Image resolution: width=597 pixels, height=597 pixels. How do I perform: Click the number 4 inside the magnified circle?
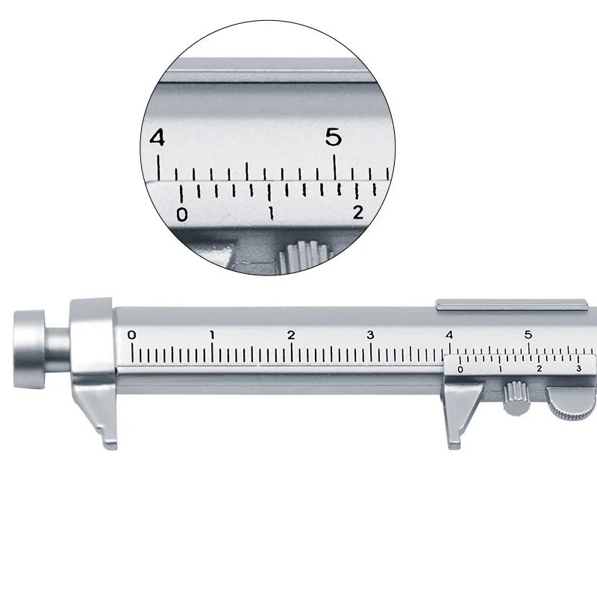click(x=157, y=138)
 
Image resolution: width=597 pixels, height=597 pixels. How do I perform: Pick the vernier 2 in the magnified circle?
click(x=358, y=213)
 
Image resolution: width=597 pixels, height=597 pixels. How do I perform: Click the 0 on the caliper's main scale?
click(x=132, y=335)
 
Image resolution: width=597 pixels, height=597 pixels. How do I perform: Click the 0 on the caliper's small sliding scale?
click(x=460, y=369)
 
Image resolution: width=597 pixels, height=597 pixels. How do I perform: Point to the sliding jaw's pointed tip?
click(x=452, y=445)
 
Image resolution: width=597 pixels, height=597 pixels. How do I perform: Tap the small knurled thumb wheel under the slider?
click(x=513, y=396)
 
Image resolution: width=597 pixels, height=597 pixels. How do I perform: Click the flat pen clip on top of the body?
click(x=510, y=304)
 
